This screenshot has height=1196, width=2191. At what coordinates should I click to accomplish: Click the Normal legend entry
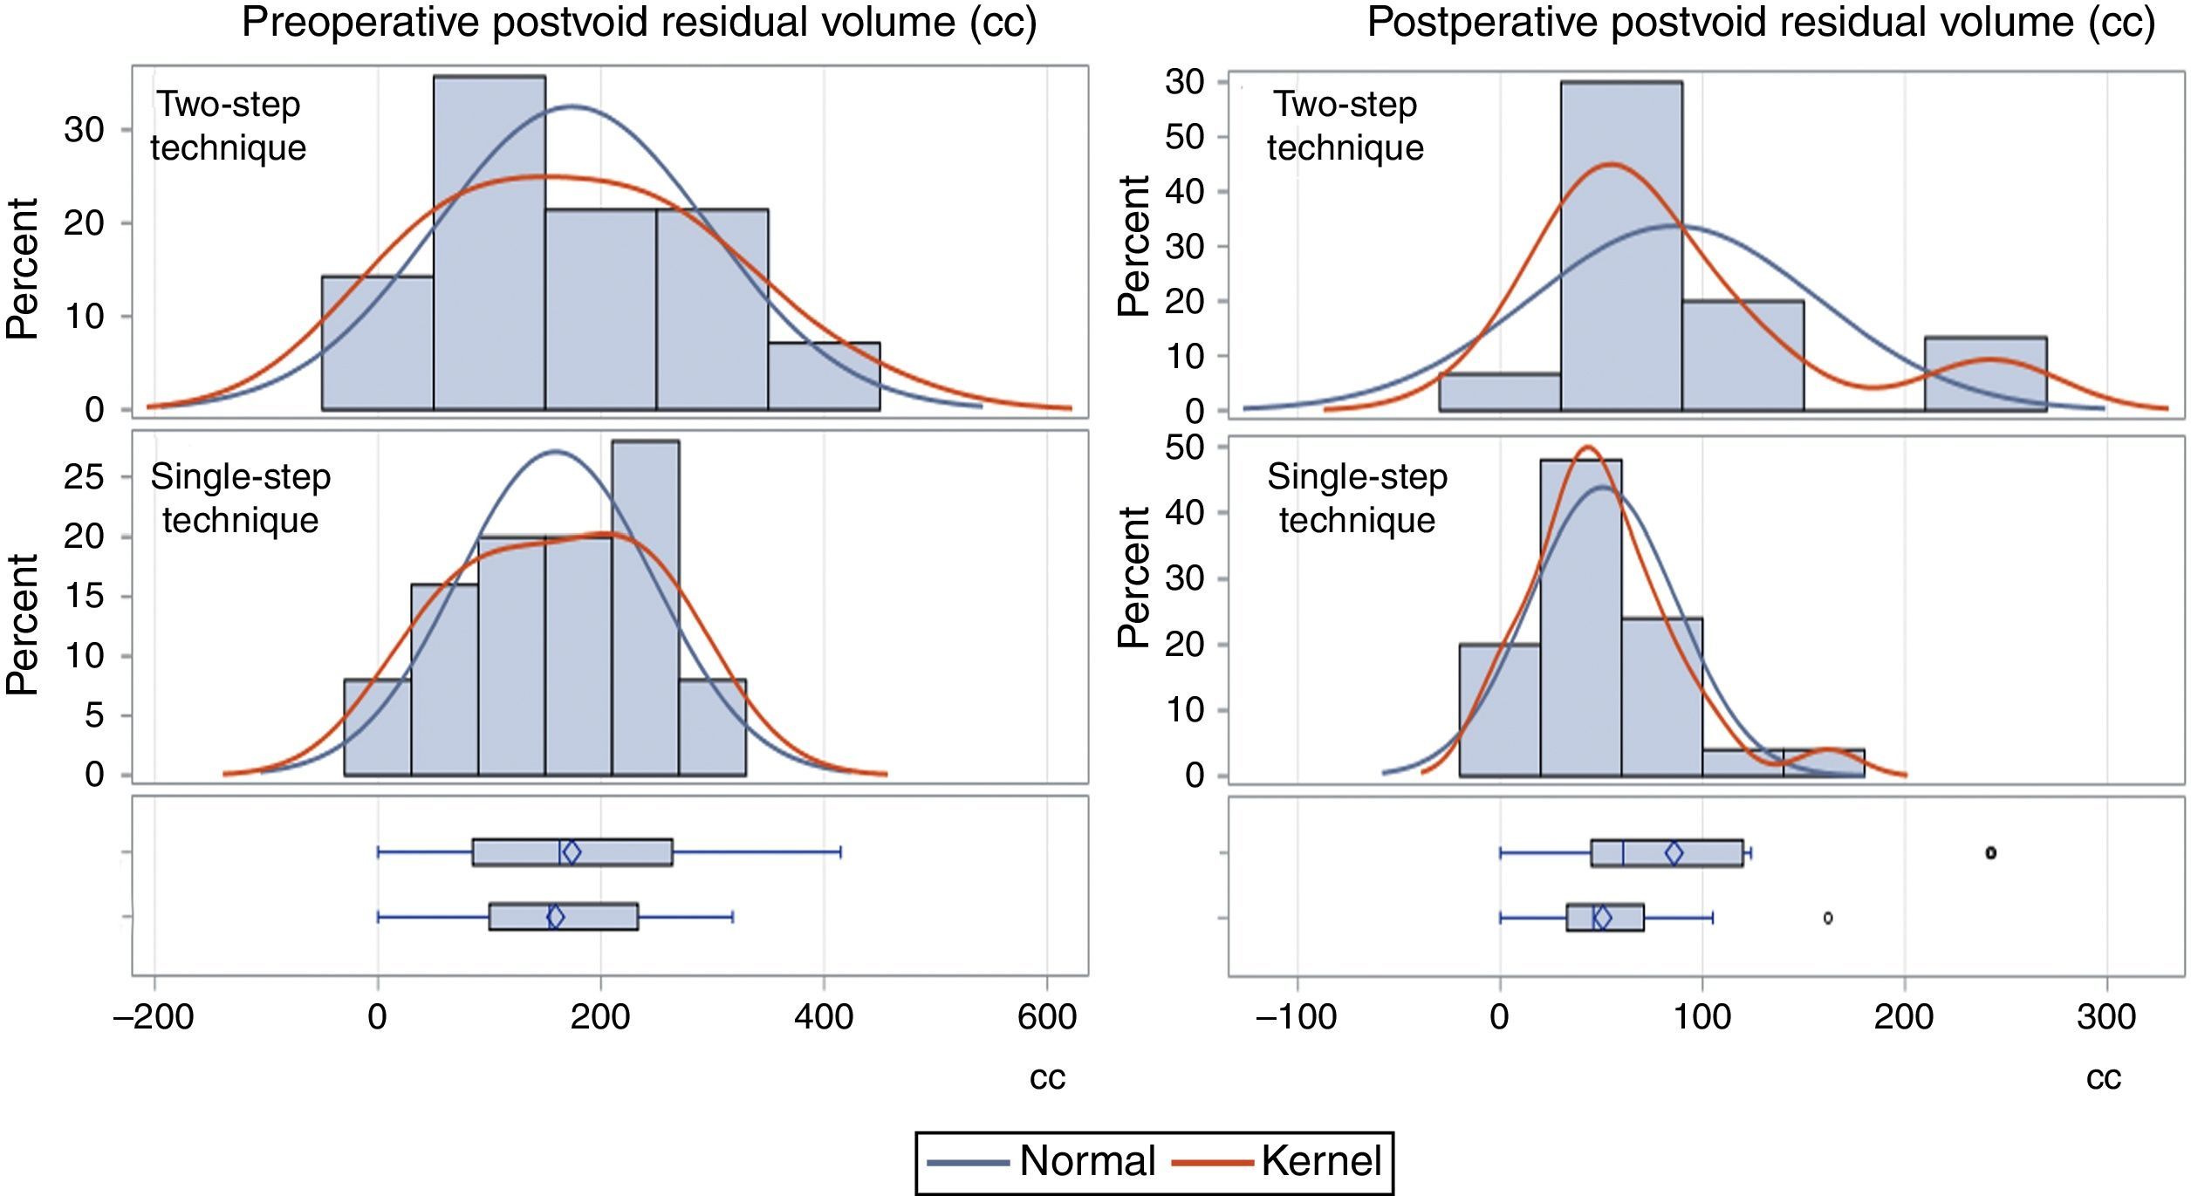click(1086, 1161)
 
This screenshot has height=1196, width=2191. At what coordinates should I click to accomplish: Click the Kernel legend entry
click(1321, 1161)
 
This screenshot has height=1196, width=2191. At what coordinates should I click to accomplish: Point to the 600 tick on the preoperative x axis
click(1047, 1017)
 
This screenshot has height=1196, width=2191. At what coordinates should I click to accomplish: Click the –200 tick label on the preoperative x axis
click(154, 1017)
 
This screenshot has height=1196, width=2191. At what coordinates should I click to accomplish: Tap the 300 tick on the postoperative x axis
click(2106, 1017)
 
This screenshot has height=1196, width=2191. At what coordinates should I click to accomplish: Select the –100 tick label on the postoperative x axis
click(1296, 1017)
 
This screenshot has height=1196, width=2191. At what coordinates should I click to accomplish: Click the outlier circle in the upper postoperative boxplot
click(1990, 852)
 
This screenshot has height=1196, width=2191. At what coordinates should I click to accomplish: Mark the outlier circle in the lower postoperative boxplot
click(1828, 918)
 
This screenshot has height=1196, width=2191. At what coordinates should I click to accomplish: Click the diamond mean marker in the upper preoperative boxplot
click(572, 852)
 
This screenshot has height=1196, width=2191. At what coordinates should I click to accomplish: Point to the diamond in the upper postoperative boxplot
click(1674, 853)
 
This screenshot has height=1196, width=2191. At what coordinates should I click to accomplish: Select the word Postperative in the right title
click(1482, 22)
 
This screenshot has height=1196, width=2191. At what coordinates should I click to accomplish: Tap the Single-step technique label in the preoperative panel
click(240, 498)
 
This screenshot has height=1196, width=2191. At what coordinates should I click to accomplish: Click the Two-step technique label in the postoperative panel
click(1345, 126)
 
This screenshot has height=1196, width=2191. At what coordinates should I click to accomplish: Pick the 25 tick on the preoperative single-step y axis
click(84, 476)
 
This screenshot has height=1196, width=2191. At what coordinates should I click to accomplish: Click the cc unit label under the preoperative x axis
click(1047, 1078)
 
